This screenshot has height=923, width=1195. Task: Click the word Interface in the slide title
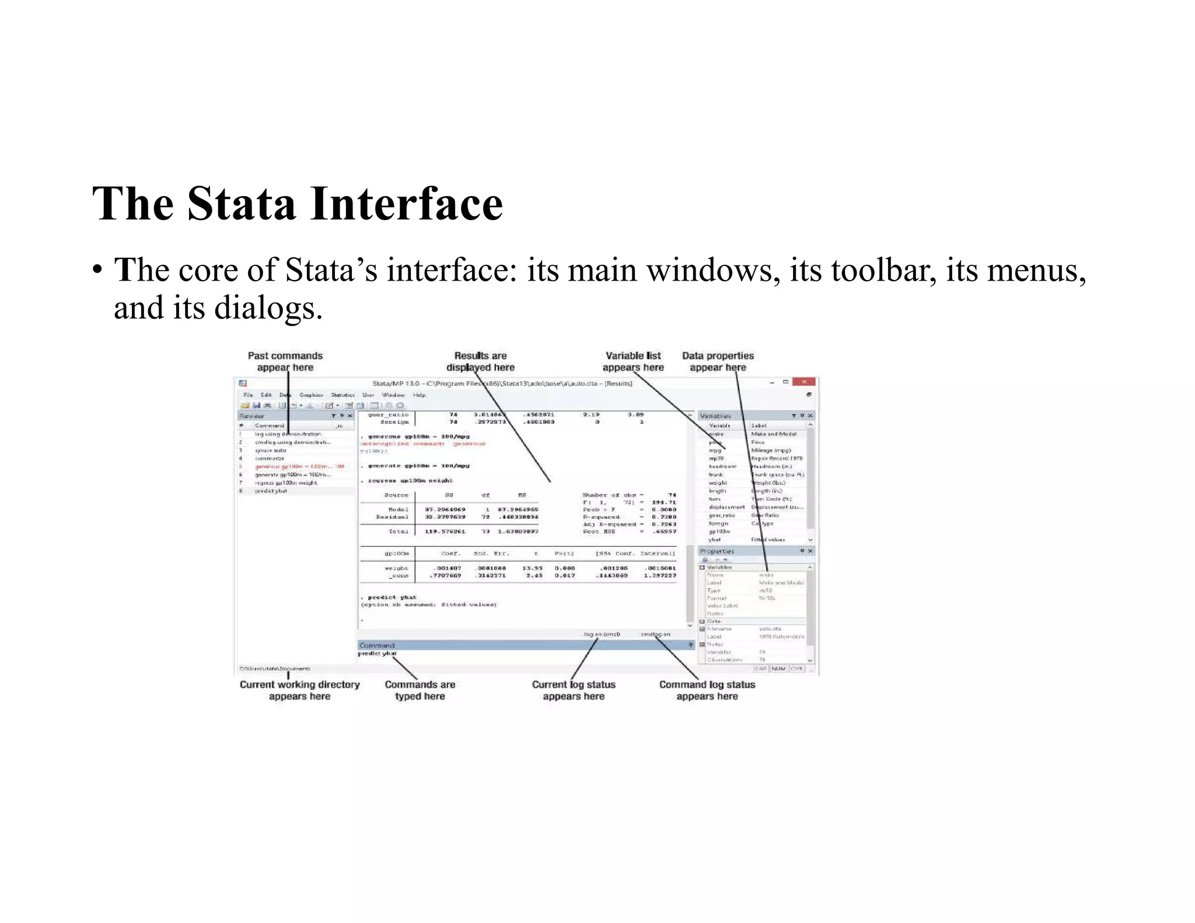pos(407,204)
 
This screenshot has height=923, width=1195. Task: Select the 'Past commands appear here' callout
pos(285,362)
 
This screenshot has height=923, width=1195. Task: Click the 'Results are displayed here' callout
pos(480,362)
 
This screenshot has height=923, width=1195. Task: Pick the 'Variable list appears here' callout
pos(633,362)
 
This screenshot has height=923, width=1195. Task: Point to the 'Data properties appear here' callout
pos(718,362)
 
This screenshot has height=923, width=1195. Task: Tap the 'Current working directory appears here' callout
pos(299,690)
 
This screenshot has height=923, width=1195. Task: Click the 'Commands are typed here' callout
pos(420,690)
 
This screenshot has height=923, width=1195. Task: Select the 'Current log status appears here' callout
pos(574,690)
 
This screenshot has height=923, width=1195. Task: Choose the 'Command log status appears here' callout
pos(707,690)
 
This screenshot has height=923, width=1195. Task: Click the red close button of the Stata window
pos(803,382)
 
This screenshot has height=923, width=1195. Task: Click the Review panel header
pos(252,416)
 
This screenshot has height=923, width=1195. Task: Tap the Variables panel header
pos(715,416)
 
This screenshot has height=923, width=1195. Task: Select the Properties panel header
pos(717,551)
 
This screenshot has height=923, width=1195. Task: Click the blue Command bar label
pos(377,645)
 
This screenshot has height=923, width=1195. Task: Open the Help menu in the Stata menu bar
pos(419,395)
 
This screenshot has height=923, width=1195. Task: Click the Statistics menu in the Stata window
pos(343,395)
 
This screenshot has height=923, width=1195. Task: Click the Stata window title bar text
pos(502,383)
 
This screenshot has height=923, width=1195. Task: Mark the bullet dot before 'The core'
pos(97,270)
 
